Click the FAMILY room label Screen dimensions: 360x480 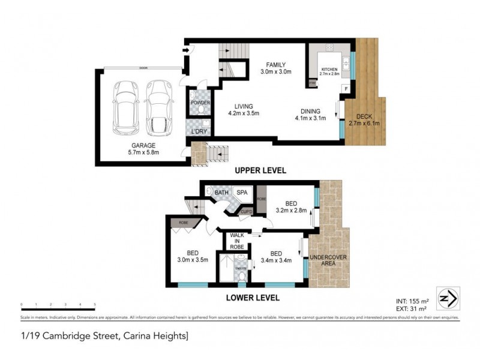click(276, 65)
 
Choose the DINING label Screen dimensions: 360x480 click(307, 111)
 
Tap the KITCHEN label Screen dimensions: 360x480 click(330, 70)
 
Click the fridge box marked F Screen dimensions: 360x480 click(346, 89)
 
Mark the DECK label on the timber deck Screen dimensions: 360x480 click(364, 116)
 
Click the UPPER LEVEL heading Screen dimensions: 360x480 click(260, 171)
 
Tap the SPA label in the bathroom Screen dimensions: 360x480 click(242, 192)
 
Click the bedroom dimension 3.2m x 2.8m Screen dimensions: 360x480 click(290, 211)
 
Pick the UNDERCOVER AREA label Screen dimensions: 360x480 click(324, 261)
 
